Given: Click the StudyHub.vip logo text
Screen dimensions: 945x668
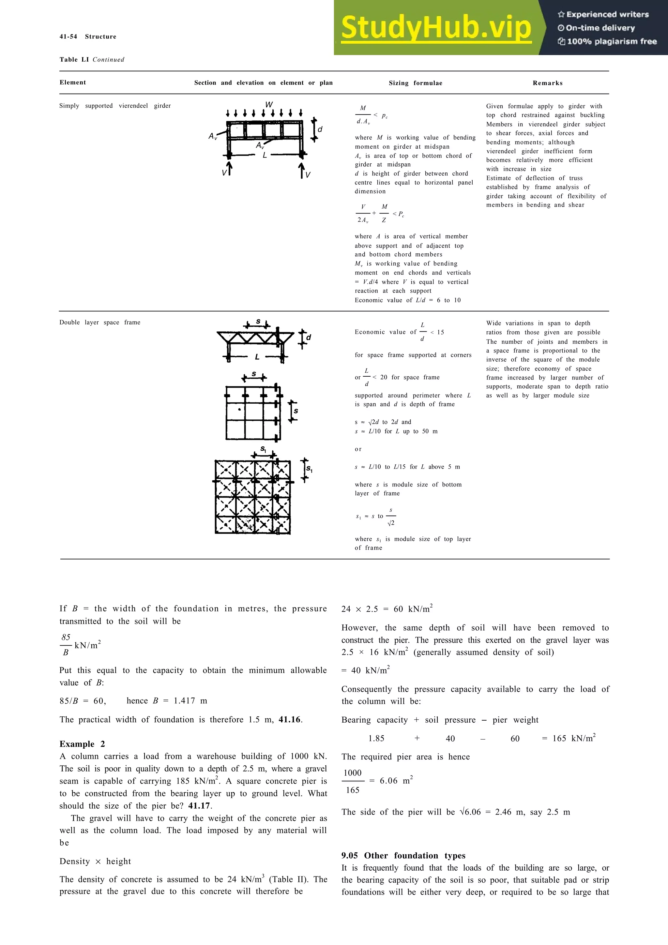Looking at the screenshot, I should (x=436, y=28).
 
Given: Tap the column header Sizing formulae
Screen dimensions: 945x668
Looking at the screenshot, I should (x=415, y=83).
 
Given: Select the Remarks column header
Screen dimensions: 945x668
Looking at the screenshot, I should (x=547, y=83).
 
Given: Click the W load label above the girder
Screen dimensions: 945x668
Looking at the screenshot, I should (x=269, y=105).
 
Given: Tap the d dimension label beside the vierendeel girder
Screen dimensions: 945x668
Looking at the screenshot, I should (x=320, y=129).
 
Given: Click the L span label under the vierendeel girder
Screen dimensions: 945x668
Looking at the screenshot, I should (x=265, y=155).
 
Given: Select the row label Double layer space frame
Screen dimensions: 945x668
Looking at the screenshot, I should (x=99, y=322).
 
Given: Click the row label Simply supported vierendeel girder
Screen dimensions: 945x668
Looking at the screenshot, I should (x=115, y=106).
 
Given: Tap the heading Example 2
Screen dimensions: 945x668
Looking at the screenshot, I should (x=82, y=744).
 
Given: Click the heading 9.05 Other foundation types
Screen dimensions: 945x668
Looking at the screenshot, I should (x=403, y=856).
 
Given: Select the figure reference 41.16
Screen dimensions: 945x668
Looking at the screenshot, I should (x=290, y=719).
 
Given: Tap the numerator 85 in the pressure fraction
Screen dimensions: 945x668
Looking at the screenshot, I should (x=66, y=637).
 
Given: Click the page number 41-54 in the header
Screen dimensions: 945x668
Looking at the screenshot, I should (x=68, y=37).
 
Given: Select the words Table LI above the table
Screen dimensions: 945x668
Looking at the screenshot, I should (x=74, y=60).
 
